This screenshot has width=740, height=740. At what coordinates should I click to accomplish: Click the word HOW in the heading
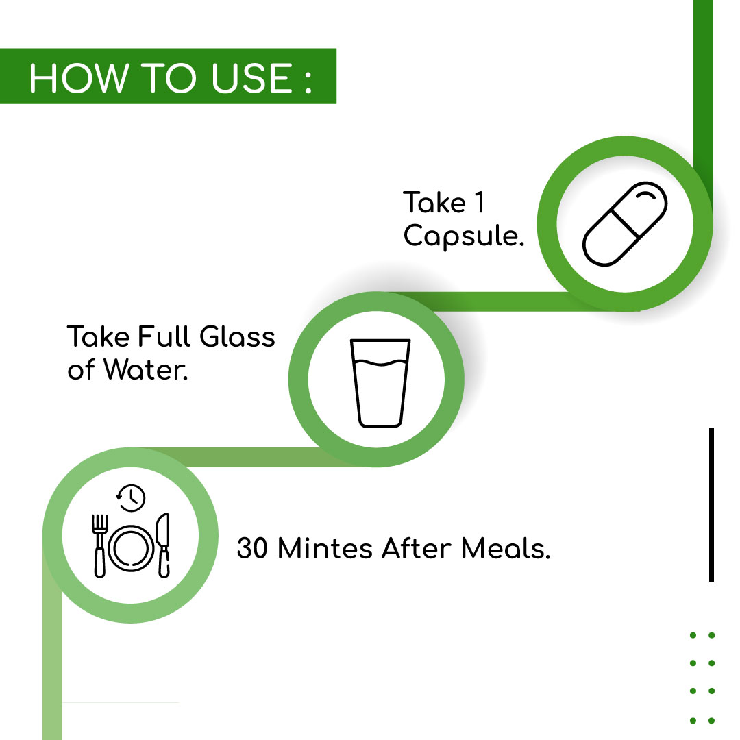pos(79,78)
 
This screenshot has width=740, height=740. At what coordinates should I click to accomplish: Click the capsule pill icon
pos(625,224)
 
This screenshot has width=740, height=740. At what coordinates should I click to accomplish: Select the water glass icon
pos(380,383)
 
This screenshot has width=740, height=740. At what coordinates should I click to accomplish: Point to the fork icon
pos(99,545)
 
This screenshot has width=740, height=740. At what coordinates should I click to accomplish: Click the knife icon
pos(163,545)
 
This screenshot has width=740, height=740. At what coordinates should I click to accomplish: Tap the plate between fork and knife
pos(131,548)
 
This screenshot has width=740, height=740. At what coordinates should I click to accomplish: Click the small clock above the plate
pos(131,497)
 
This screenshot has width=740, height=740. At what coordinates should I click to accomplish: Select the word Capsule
pos(463,236)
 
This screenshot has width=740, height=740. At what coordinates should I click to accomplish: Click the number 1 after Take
pos(480,202)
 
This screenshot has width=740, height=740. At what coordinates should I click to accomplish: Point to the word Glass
pos(237,336)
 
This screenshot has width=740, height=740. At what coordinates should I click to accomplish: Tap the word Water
pos(146,369)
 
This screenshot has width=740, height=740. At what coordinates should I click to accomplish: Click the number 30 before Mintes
pos(252,548)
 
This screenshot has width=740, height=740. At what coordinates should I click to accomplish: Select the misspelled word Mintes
pos(325,548)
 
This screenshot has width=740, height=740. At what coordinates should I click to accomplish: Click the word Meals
pos(506,548)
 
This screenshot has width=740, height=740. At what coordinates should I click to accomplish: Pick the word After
pos(417,548)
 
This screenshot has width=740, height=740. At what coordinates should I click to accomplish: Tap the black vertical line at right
pos(711,504)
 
